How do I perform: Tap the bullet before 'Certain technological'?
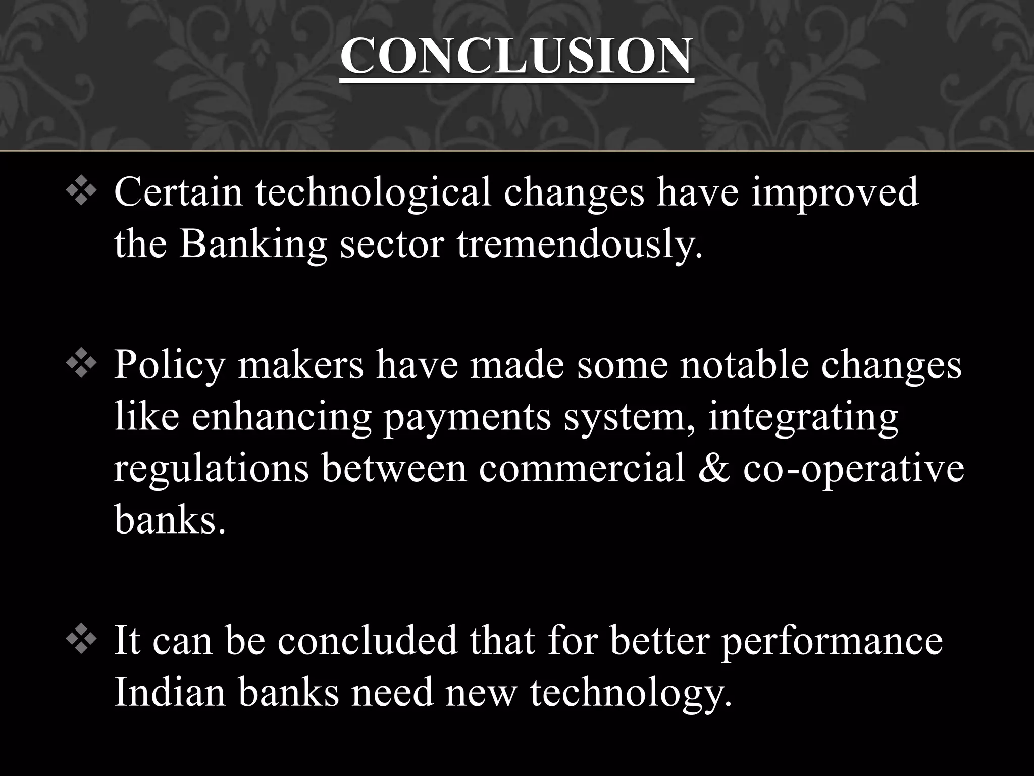[x=81, y=193]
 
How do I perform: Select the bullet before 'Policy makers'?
[x=81, y=365]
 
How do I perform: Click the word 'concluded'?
[x=367, y=641]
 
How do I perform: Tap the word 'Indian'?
[x=170, y=692]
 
